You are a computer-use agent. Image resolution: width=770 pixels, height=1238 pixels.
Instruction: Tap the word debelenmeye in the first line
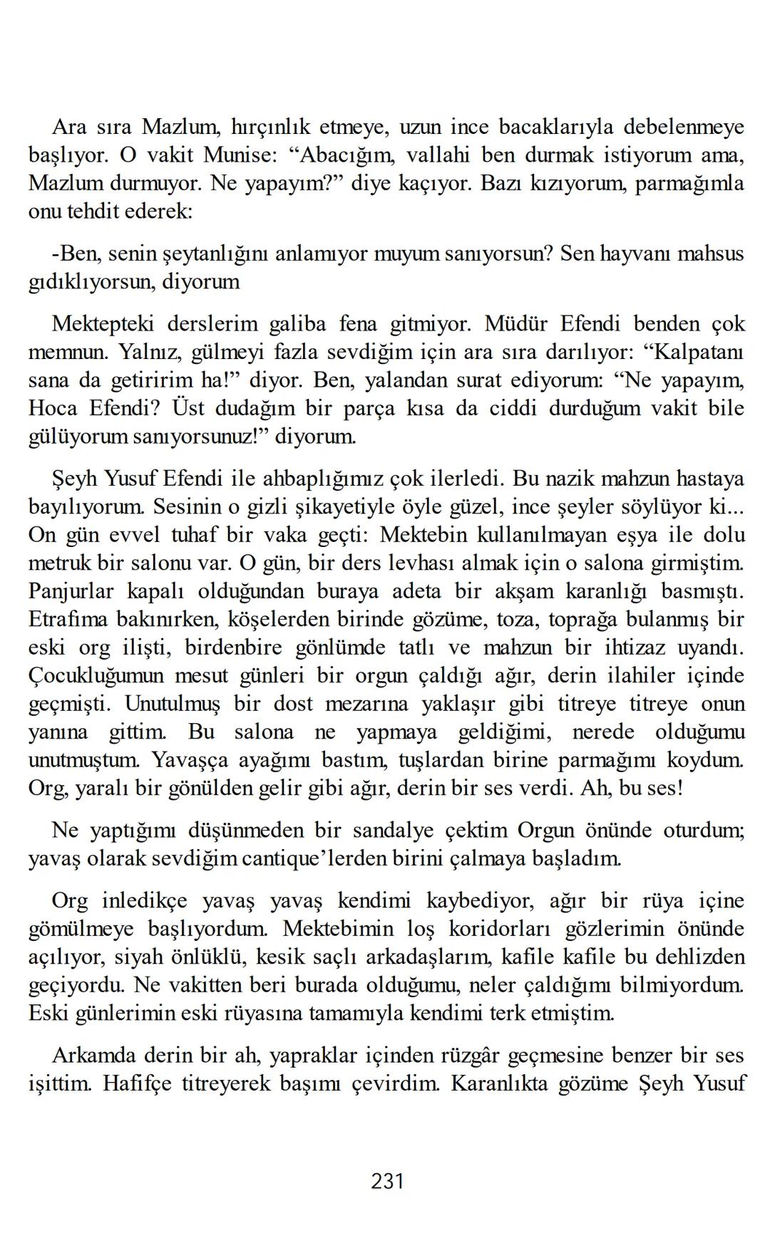pyautogui.click(x=684, y=127)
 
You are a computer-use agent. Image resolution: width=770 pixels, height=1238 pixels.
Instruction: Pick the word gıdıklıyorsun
pyautogui.click(x=88, y=282)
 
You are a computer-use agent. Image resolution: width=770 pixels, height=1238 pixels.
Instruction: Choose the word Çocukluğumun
pyautogui.click(x=96, y=676)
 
